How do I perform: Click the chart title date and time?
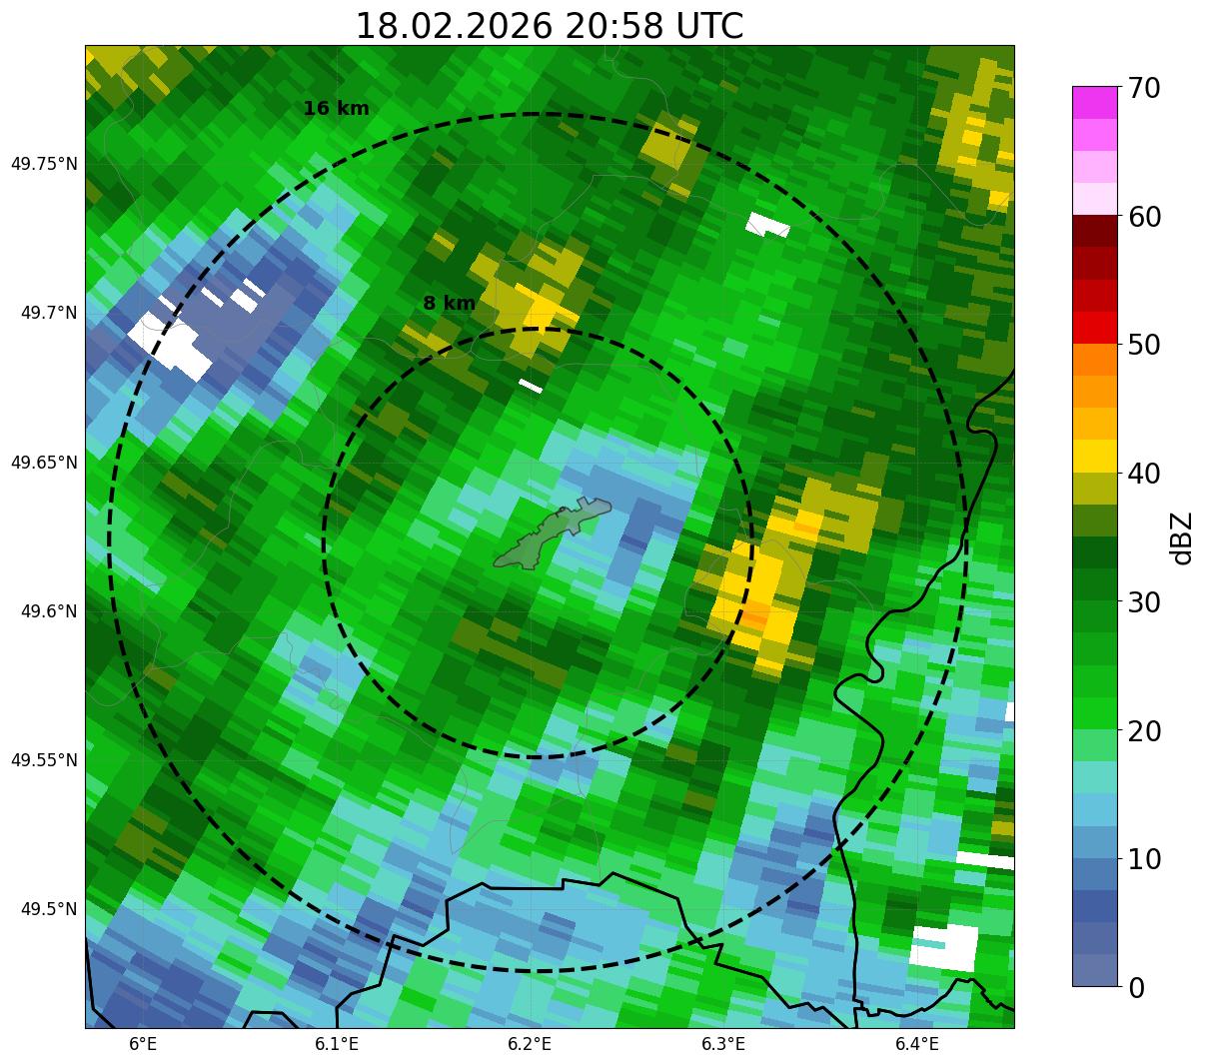pyautogui.click(x=550, y=26)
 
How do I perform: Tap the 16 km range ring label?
pyautogui.click(x=336, y=109)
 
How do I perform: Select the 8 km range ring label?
pyautogui.click(x=449, y=303)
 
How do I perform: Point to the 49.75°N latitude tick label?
pyautogui.click(x=44, y=164)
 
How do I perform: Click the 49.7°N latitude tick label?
pyautogui.click(x=49, y=313)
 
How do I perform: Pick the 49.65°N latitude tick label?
pyautogui.click(x=44, y=463)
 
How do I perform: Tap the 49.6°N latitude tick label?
pyautogui.click(x=49, y=611)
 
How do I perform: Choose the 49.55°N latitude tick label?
pyautogui.click(x=44, y=760)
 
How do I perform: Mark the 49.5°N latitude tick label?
pyautogui.click(x=49, y=909)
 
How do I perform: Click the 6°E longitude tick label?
pyautogui.click(x=143, y=1044)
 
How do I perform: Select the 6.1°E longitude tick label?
pyautogui.click(x=337, y=1044)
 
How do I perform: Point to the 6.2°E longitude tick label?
pyautogui.click(x=530, y=1044)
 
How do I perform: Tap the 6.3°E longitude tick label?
pyautogui.click(x=723, y=1044)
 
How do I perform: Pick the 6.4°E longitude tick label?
pyautogui.click(x=916, y=1044)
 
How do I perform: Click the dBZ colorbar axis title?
pyautogui.click(x=1182, y=537)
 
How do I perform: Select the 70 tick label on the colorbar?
pyautogui.click(x=1145, y=88)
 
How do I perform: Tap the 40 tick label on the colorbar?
pyautogui.click(x=1145, y=474)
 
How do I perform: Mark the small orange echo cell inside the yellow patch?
pyautogui.click(x=753, y=618)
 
